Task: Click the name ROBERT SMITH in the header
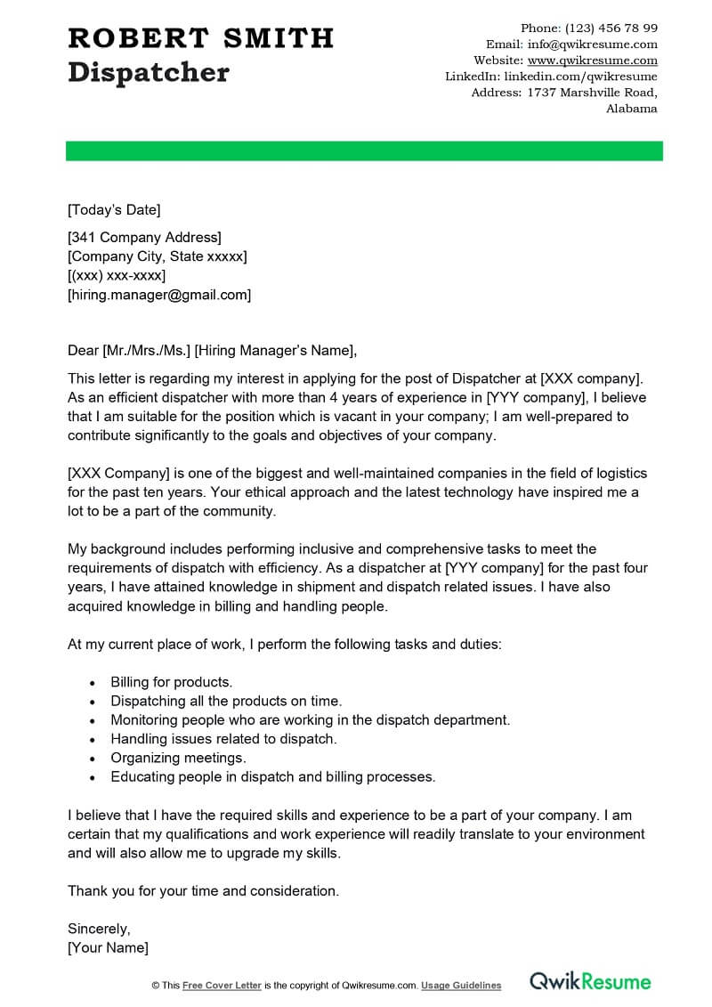[200, 37]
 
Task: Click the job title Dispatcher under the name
[148, 72]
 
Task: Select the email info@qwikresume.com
[592, 44]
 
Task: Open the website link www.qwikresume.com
[592, 61]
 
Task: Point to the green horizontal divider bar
[364, 150]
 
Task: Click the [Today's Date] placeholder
[114, 210]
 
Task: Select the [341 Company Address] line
[144, 237]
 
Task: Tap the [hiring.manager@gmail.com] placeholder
[159, 295]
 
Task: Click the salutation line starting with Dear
[212, 349]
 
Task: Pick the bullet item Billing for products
[171, 682]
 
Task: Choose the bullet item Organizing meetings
[178, 758]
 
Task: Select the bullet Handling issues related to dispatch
[223, 739]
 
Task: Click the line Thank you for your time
[203, 890]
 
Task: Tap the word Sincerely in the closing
[99, 928]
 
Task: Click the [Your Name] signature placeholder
[108, 947]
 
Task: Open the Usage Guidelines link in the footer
[461, 986]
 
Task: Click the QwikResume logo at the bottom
[590, 982]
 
